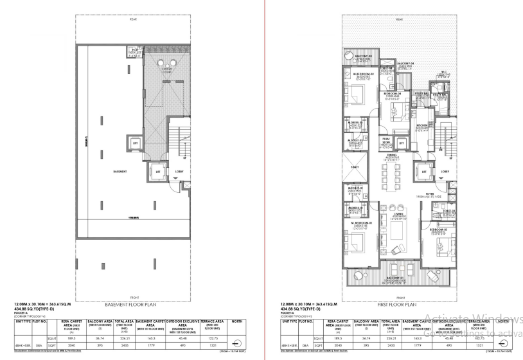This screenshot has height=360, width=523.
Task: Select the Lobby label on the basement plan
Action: point(179,172)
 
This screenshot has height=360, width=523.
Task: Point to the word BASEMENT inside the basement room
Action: point(118,172)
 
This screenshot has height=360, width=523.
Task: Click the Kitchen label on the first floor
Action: point(421,127)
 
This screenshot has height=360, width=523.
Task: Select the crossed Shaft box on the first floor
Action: point(355,167)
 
